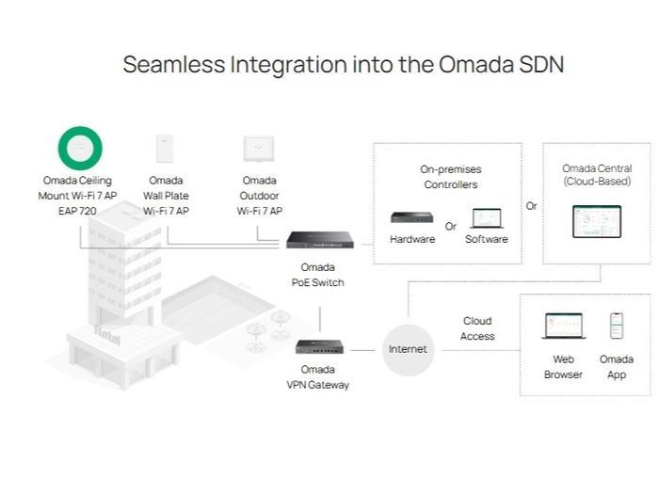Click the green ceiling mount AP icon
tap(80, 148)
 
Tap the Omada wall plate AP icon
tap(165, 149)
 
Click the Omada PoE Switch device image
tap(319, 240)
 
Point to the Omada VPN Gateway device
tap(318, 346)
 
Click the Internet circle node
tap(408, 349)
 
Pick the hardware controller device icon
tap(411, 217)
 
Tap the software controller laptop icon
tap(486, 218)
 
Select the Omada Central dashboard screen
tap(597, 221)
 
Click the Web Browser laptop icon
tap(564, 327)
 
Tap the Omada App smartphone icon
tap(617, 326)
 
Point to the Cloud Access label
tap(477, 328)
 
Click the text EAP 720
tap(79, 211)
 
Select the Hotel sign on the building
tap(108, 336)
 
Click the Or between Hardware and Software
tap(451, 226)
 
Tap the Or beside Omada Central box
tap(532, 205)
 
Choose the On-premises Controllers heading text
tap(450, 177)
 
